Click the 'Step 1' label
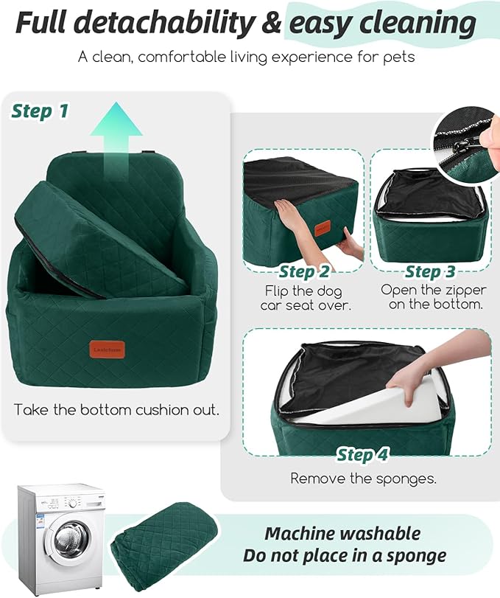pos(40,111)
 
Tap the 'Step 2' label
pos(304,272)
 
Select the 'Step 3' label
pos(433,272)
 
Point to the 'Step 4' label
pos(363,454)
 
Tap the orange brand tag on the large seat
pos(108,349)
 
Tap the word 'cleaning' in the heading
pos(382,24)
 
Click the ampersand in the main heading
pos(273,24)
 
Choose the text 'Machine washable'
pos(342,534)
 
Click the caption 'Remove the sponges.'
pos(363,479)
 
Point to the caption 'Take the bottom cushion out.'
pos(116,410)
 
